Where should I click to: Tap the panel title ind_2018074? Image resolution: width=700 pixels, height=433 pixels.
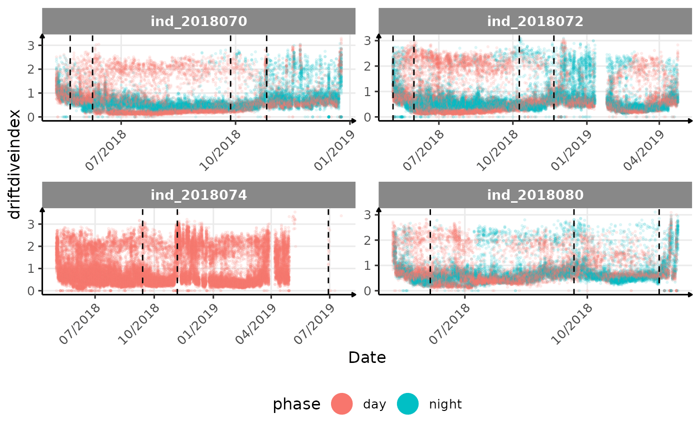point(198,195)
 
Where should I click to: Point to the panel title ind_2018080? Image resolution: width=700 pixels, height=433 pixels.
point(535,195)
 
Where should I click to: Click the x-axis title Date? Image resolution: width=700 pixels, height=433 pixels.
point(367,357)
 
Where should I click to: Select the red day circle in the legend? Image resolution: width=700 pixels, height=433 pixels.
point(342,404)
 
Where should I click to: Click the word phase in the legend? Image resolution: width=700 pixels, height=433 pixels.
point(296,404)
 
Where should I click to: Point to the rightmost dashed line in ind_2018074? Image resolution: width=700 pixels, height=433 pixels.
point(328,250)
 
